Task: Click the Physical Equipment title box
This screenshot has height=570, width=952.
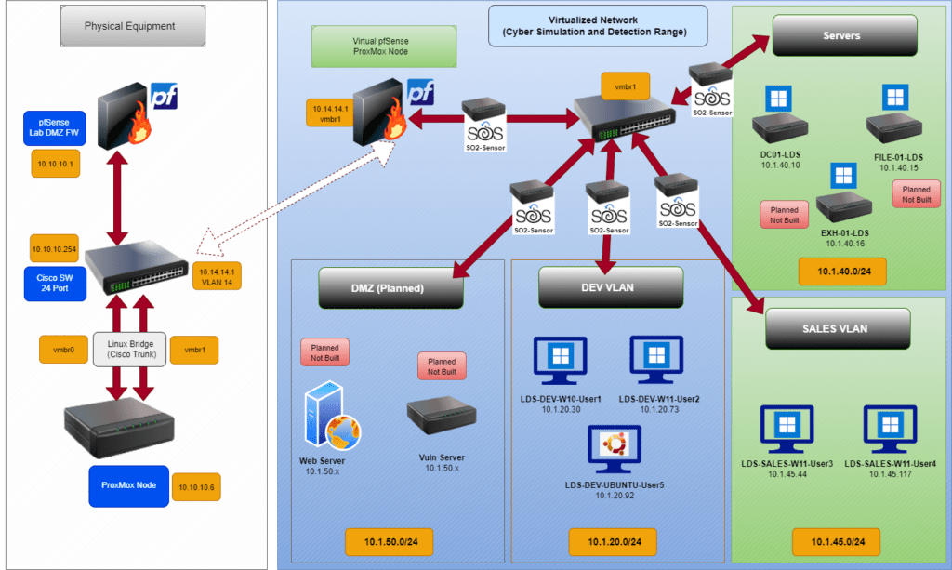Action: [x=129, y=26]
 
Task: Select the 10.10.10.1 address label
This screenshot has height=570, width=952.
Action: [x=55, y=163]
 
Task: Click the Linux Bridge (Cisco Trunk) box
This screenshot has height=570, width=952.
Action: [x=129, y=349]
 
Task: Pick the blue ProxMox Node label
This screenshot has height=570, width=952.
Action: [x=129, y=486]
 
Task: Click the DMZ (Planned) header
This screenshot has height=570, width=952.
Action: [x=390, y=287]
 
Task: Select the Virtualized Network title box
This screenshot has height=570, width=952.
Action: [x=599, y=25]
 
